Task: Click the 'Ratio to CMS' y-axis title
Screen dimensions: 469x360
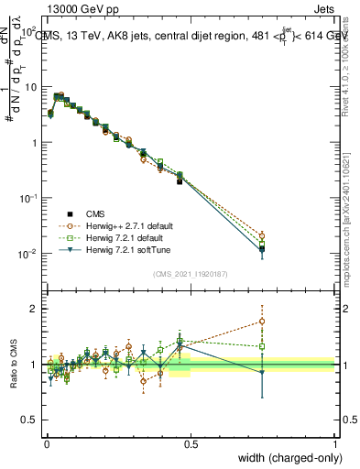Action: (x=13, y=364)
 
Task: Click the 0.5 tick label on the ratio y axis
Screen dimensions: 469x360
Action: (x=29, y=420)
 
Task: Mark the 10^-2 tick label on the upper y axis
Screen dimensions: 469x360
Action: (x=28, y=254)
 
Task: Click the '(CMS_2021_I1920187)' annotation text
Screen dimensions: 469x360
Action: (x=190, y=272)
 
